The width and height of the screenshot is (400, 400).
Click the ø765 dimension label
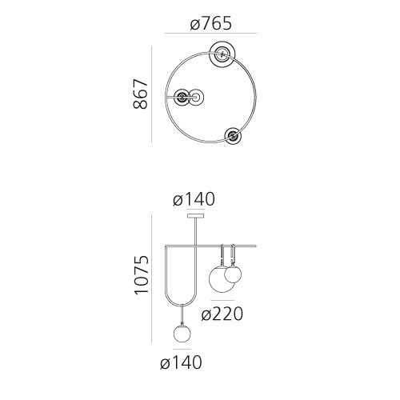(x=211, y=24)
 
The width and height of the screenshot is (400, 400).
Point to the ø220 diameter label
(x=222, y=314)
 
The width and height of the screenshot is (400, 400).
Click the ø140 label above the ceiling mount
(x=193, y=200)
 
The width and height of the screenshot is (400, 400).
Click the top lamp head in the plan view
(x=222, y=55)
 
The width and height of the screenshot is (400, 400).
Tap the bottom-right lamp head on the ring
(x=234, y=136)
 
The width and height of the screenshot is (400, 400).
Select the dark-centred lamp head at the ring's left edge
(x=183, y=98)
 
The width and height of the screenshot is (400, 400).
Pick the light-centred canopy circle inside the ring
(x=197, y=98)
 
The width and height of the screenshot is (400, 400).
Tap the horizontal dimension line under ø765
(x=210, y=34)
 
